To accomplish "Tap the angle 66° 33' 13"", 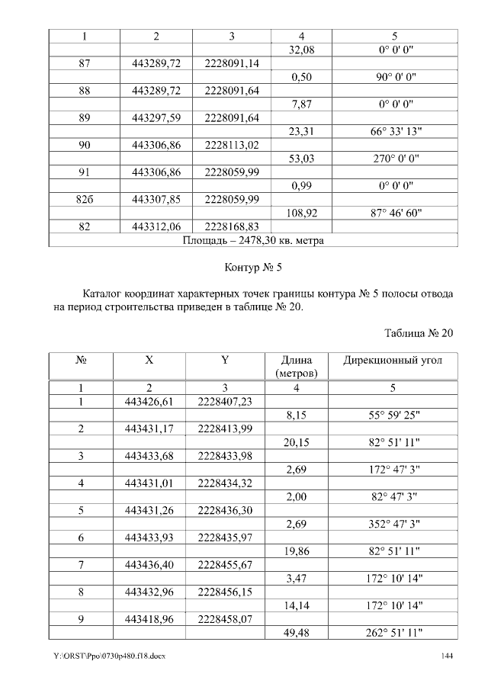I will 396,132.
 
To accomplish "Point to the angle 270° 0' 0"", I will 396,159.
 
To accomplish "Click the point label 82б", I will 85,200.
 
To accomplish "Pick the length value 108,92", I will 303,213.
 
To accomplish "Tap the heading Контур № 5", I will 254,268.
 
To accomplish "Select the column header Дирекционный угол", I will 392,360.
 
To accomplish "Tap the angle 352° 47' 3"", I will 396,523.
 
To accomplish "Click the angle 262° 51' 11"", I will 396,633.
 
